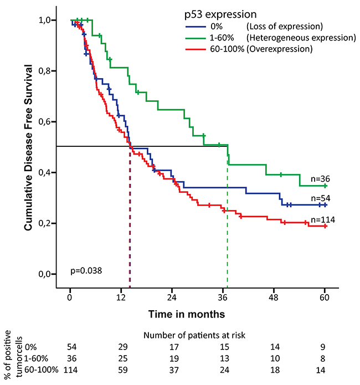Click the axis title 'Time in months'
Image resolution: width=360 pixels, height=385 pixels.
tap(186, 314)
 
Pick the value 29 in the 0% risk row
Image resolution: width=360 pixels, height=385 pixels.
tap(121, 347)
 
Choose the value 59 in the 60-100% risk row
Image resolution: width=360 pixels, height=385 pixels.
tap(121, 370)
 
